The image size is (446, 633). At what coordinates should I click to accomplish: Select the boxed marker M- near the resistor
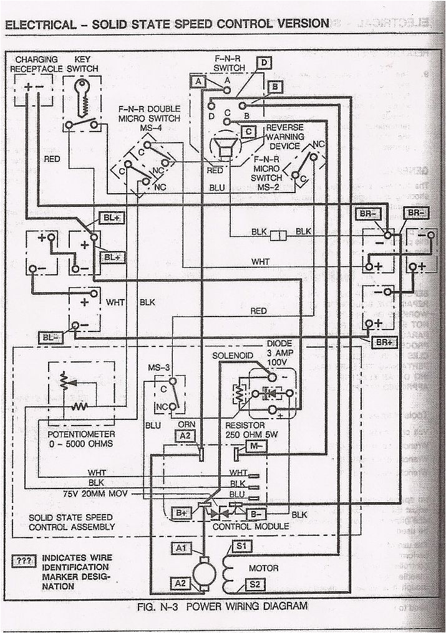tap(256, 447)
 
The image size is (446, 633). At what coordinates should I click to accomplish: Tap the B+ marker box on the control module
tap(182, 513)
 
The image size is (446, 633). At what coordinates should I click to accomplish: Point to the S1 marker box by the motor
tap(241, 546)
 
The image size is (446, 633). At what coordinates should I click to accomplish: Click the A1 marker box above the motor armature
tap(182, 548)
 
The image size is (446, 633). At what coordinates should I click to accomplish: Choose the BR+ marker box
tap(384, 342)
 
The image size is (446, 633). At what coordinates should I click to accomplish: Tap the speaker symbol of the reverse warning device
tap(222, 150)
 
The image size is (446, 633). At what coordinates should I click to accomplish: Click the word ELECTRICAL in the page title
tap(38, 24)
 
